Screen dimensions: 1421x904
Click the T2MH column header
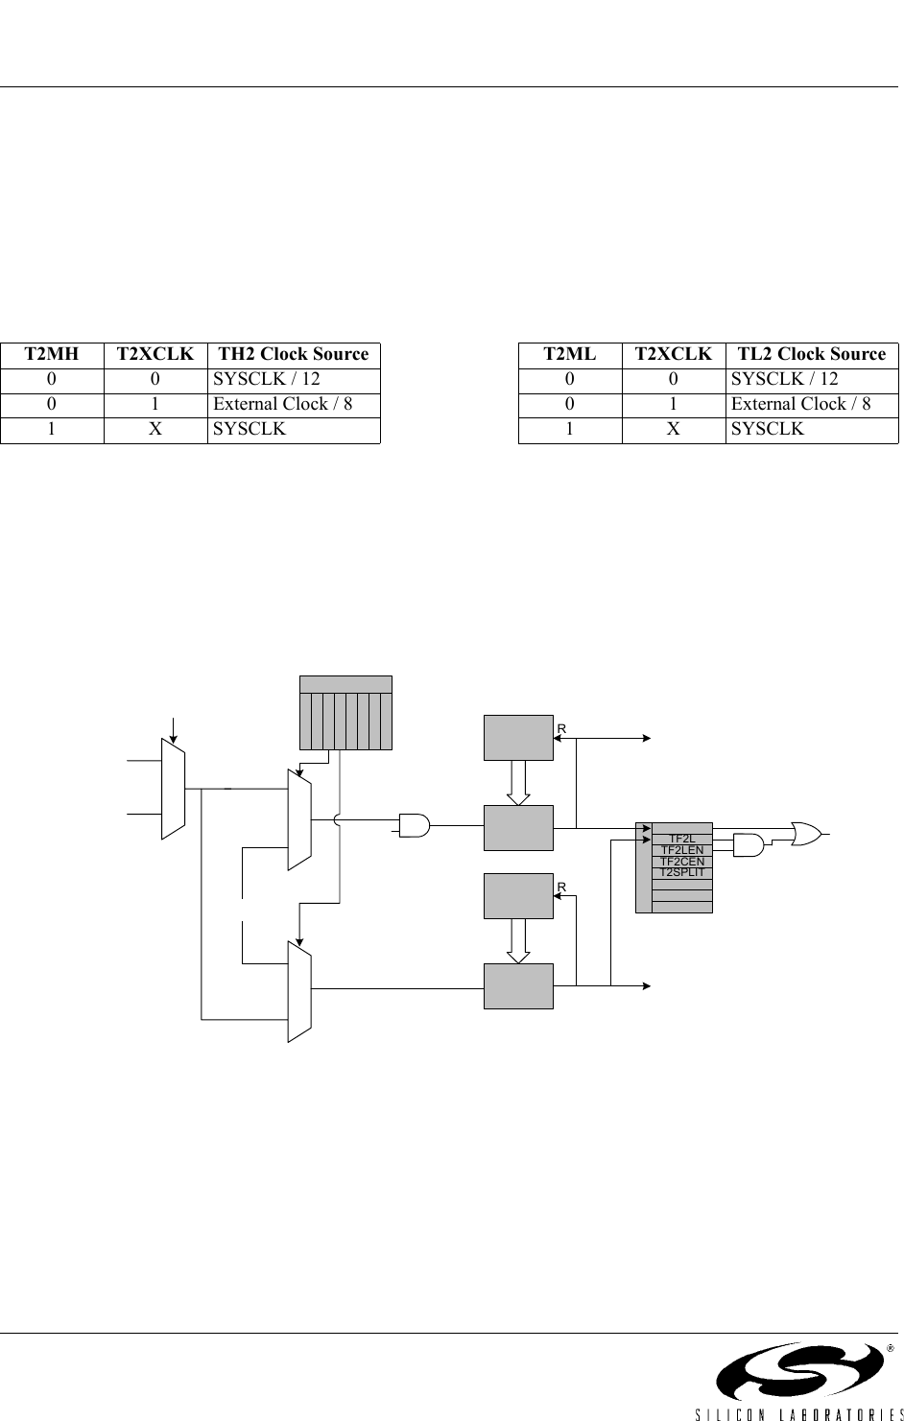click(52, 354)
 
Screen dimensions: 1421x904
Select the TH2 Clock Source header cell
click(294, 354)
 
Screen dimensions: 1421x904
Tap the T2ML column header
click(569, 354)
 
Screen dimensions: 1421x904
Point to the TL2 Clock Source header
click(812, 354)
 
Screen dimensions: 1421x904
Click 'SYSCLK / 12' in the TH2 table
click(267, 379)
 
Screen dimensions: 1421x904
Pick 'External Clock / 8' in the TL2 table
click(801, 404)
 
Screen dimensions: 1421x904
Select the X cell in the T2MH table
click(155, 429)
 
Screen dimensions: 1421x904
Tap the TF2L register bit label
click(682, 840)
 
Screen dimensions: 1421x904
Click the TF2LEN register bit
click(682, 850)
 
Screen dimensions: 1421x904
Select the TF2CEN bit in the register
click(682, 862)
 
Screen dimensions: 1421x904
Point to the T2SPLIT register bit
click(682, 872)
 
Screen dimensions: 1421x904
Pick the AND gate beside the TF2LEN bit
click(748, 845)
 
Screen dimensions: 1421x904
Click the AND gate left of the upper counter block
click(415, 823)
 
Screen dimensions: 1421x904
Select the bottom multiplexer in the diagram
click(299, 990)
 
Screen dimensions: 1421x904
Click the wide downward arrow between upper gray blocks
click(518, 782)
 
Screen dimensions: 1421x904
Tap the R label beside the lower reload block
click(562, 888)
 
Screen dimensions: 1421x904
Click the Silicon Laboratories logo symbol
click(798, 1372)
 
